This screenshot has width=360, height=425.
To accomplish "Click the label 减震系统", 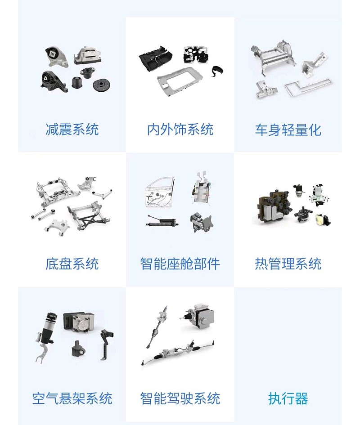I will (72, 130).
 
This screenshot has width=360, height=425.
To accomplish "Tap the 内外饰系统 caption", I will (180, 130).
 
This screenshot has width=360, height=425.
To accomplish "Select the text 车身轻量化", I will (288, 130).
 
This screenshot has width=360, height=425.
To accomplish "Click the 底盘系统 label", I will (72, 264).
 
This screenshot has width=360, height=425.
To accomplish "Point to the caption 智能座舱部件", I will (180, 264).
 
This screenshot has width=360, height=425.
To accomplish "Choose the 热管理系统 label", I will (288, 264).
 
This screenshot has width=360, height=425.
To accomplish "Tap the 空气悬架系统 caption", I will (72, 398).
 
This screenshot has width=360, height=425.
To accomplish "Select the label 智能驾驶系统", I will (180, 398).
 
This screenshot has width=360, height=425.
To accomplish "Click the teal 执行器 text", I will (288, 398).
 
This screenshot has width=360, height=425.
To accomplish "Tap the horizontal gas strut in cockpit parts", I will (162, 221).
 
